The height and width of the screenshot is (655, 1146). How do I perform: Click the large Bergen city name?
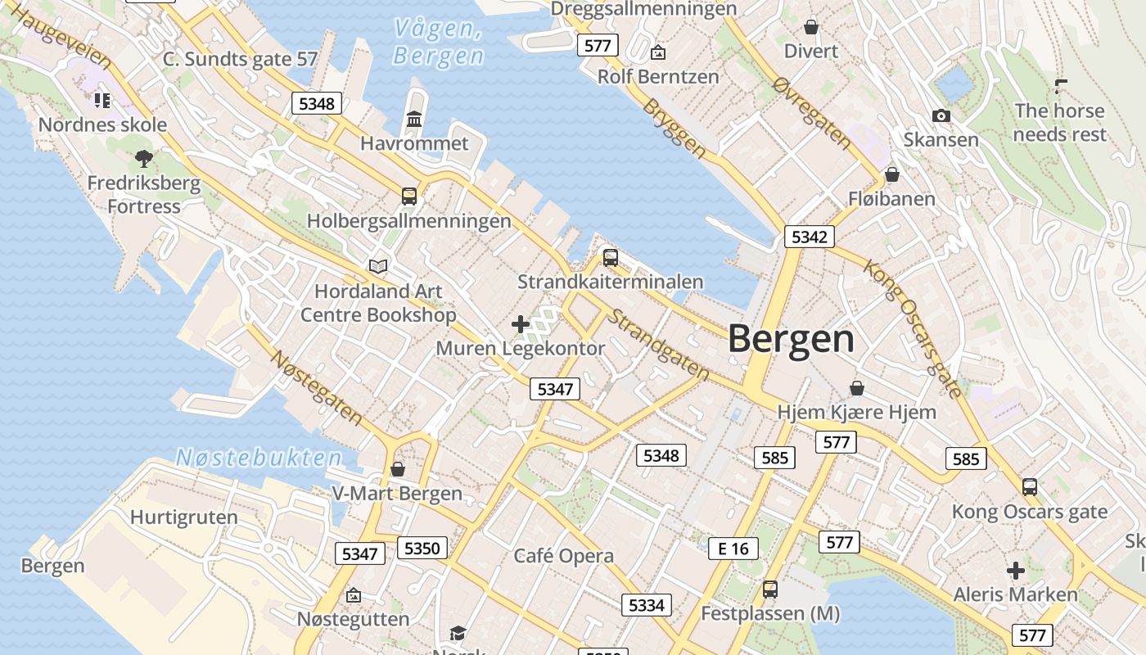point(791,339)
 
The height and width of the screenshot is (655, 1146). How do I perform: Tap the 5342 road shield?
point(810,237)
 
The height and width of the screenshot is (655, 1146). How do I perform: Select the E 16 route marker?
point(733,549)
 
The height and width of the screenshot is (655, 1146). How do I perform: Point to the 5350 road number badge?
point(422,548)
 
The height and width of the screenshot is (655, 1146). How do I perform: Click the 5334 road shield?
point(647,605)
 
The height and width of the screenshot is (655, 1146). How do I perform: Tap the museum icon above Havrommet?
point(414,120)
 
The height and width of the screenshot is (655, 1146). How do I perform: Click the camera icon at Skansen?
point(941,116)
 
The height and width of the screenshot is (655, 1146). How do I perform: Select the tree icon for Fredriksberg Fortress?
point(144,158)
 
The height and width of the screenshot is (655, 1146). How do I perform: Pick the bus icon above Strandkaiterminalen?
point(610,258)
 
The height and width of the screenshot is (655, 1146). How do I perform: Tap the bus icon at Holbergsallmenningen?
point(409,196)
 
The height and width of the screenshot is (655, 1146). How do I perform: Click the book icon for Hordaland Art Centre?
point(377,266)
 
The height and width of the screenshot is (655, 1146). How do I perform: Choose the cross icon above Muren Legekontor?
point(521,324)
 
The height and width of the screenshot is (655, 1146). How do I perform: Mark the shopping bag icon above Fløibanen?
point(892,174)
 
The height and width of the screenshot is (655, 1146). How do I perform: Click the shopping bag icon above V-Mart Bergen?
point(398,469)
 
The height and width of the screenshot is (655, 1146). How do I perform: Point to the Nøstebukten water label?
point(259,458)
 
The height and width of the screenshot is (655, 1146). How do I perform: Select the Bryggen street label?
point(674,129)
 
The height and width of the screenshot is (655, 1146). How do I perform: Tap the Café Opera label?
point(563,556)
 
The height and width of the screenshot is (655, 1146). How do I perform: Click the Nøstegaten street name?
point(317,387)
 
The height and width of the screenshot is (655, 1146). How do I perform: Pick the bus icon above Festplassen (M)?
point(769,589)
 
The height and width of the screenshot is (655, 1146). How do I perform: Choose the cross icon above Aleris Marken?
point(1016,570)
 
